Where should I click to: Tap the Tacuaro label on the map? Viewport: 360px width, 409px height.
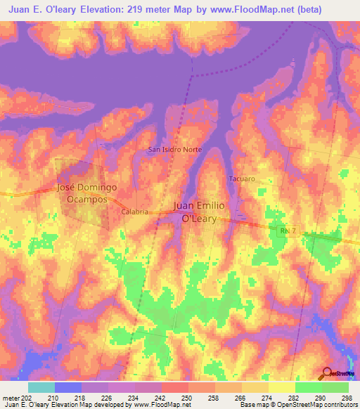tap(240, 178)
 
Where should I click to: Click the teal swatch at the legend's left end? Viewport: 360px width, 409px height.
tap(41, 387)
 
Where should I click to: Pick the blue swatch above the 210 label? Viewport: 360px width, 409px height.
tap(68, 387)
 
